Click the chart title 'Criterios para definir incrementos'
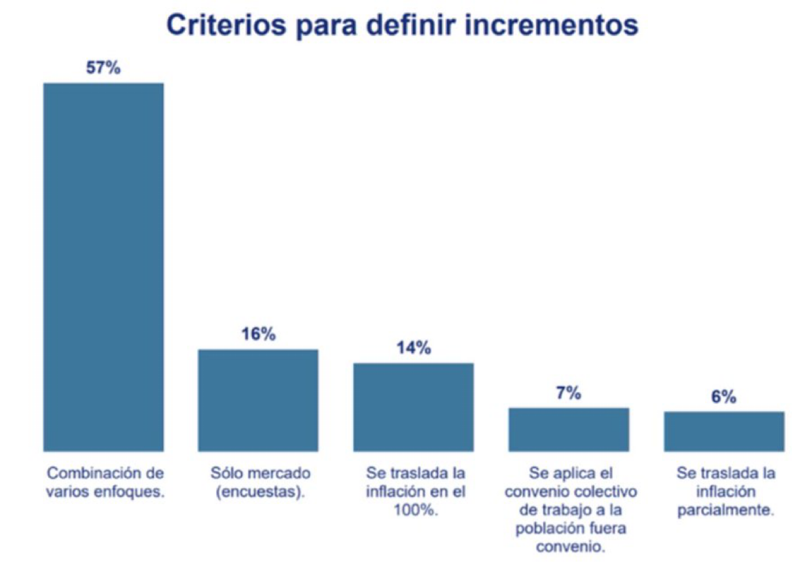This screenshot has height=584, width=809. pos(402,26)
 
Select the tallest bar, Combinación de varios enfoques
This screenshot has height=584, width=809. pos(103,267)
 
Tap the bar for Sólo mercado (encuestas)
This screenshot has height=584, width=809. pos(259,401)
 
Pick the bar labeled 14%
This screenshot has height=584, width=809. pos(414,407)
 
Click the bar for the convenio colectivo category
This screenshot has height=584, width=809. pos(569,429)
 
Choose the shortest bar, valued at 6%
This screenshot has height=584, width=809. pos(724,431)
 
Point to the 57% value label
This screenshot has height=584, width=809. pos(103,67)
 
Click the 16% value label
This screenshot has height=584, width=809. pos(259,334)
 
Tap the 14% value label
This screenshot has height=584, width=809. pos(414,348)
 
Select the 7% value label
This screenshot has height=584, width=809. pos(569,393)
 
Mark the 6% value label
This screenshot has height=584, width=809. pos(724,397)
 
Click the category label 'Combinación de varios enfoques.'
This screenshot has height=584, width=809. pos(105,483)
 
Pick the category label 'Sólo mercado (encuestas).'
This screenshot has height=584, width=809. pos(261,483)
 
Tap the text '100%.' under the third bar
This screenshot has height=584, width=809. pos(416,510)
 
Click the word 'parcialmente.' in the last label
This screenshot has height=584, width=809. pos(726,510)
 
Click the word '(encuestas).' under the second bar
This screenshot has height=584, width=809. pos(261,492)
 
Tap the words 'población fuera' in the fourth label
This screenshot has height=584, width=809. pos(571,529)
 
